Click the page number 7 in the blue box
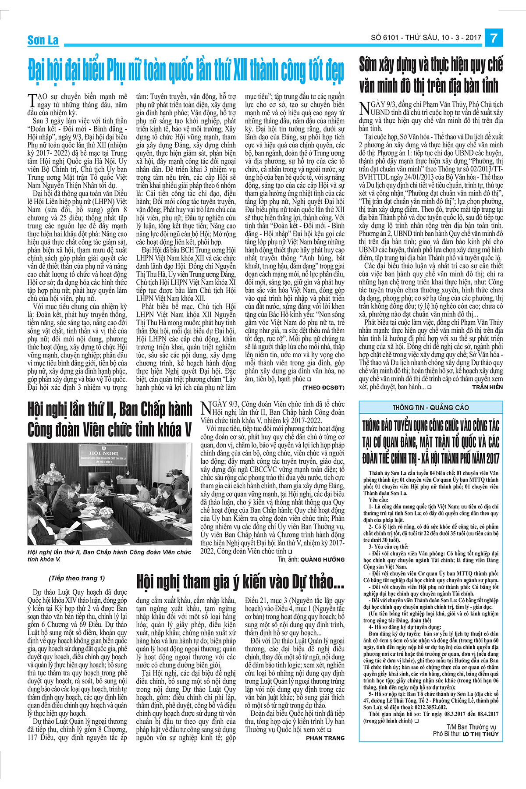pos(494,38)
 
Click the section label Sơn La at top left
pos(43,40)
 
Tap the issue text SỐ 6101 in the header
pos(385,38)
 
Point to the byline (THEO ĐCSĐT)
pos(323,387)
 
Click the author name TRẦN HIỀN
pos(487,387)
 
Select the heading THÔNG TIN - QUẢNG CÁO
pos(430,407)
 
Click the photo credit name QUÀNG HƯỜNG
pos(322,559)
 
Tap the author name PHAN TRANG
pos(325,738)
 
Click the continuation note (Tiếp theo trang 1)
pos(77,578)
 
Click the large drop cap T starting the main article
pos(32,100)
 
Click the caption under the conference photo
pos(109,555)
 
